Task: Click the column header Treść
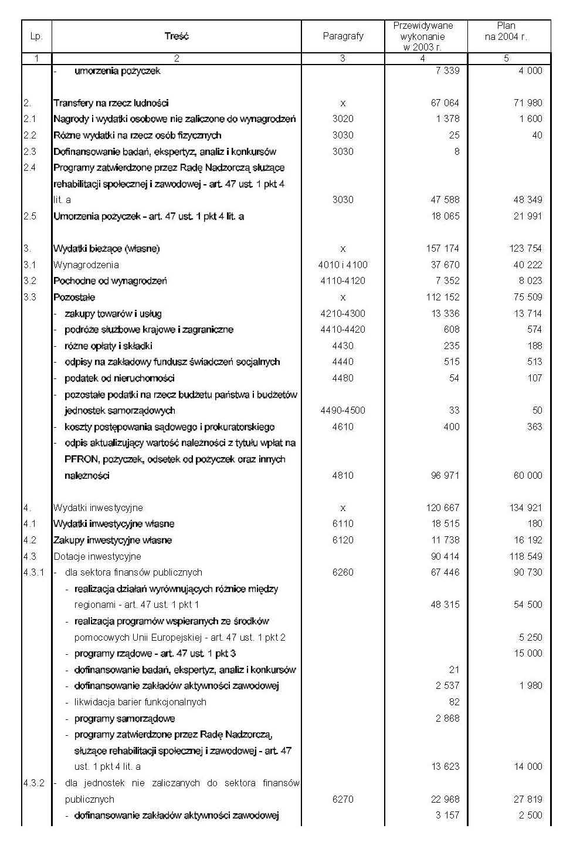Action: coord(177,36)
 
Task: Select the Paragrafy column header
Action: coord(343,36)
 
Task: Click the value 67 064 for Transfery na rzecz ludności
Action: coord(445,103)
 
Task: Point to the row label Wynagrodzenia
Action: coord(86,265)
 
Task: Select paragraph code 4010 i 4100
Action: coord(343,265)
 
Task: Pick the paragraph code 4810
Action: coord(343,475)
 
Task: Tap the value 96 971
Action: coord(445,475)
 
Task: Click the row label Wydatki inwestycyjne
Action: coord(98,508)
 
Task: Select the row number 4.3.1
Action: coord(34,572)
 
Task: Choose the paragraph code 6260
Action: coord(343,572)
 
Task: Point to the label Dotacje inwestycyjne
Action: coord(97,556)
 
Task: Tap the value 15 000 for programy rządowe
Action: coord(528,653)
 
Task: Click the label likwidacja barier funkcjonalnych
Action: coord(140,702)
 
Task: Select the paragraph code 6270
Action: coord(343,799)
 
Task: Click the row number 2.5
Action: coord(30,216)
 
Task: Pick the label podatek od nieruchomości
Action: coord(120,378)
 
